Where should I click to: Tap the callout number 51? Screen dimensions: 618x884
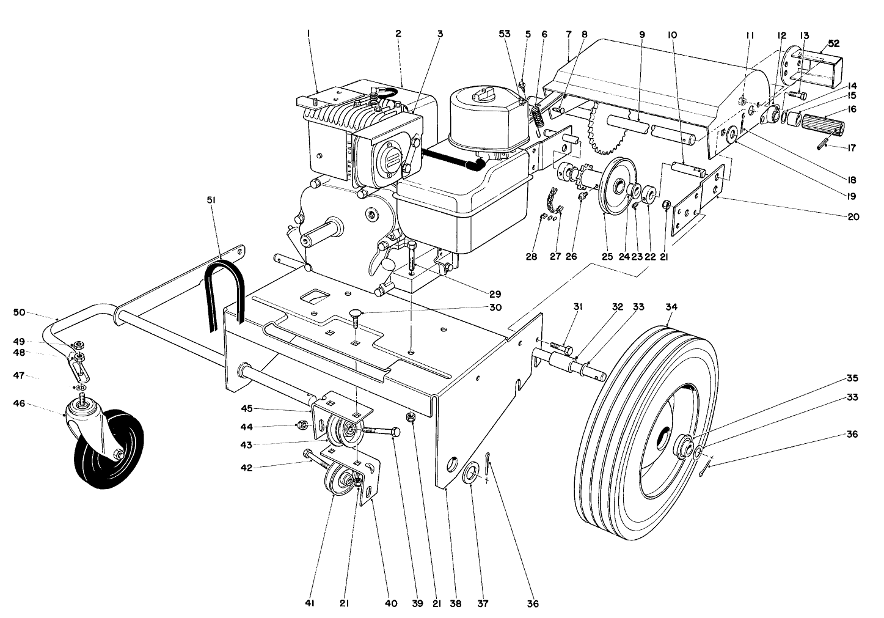[x=211, y=200]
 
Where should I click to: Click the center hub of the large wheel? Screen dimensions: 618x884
[x=682, y=446]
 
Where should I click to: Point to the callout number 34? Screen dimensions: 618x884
[x=671, y=307]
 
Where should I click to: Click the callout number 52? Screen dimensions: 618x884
[x=833, y=43]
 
